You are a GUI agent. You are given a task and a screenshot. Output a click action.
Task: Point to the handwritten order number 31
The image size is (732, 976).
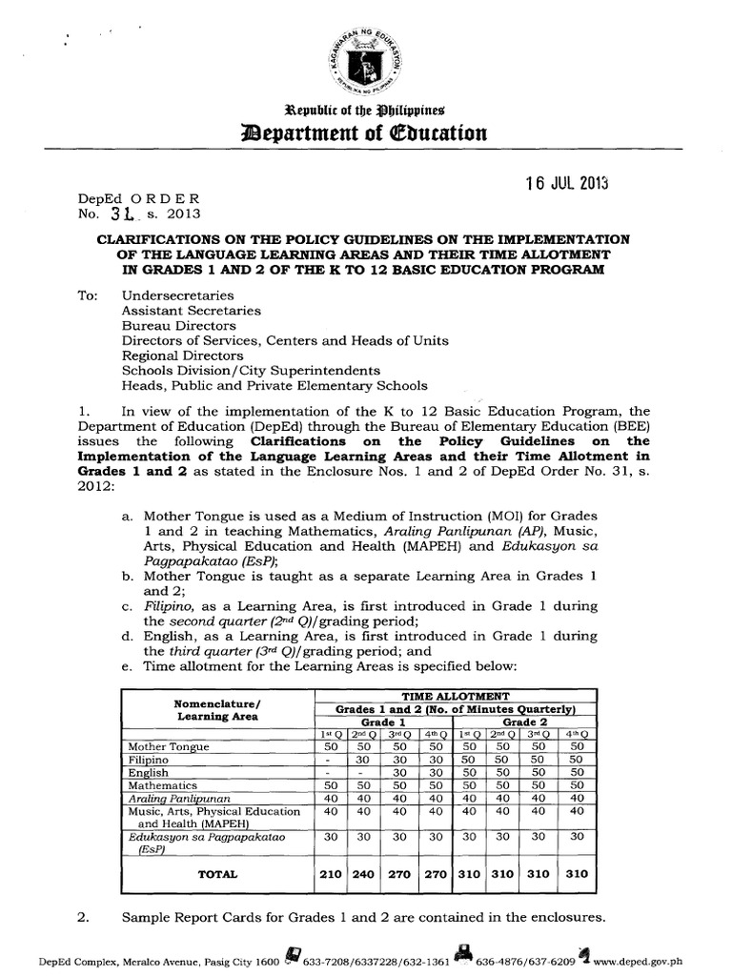(119, 214)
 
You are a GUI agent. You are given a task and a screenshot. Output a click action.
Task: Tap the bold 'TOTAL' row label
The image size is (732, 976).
(216, 872)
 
